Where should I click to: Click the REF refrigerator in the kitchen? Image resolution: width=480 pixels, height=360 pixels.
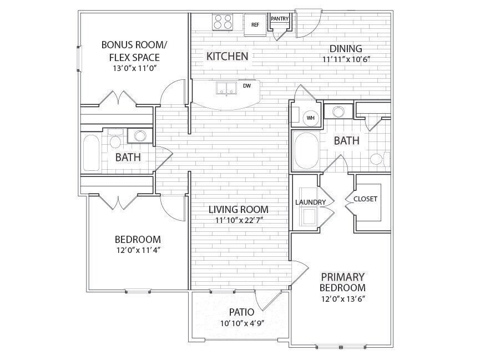pos(255,24)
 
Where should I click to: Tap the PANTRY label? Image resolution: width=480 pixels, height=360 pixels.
pos(279,19)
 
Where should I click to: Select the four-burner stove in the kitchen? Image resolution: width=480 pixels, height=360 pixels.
pos(223,22)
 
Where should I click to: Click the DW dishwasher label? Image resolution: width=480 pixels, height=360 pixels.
pos(247,86)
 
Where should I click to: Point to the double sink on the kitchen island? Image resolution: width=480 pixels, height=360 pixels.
pos(225,88)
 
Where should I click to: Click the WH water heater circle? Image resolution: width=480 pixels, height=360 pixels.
pos(310,118)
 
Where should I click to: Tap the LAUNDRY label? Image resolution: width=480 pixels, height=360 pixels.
pos(305,202)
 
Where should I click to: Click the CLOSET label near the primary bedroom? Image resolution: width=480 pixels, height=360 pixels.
pos(365,199)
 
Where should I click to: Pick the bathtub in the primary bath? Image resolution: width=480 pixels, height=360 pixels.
pos(305,150)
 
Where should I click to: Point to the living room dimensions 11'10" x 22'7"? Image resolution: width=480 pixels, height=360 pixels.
pos(239,221)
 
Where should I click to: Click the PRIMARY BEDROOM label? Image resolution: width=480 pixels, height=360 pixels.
pos(342,282)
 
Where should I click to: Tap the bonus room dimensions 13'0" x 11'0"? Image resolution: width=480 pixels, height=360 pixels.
pos(134,69)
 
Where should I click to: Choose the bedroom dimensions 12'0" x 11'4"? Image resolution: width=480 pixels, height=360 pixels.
pos(134,250)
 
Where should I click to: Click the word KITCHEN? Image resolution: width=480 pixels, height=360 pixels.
pos(227,56)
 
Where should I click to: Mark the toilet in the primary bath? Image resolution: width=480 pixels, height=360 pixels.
pos(378,160)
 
